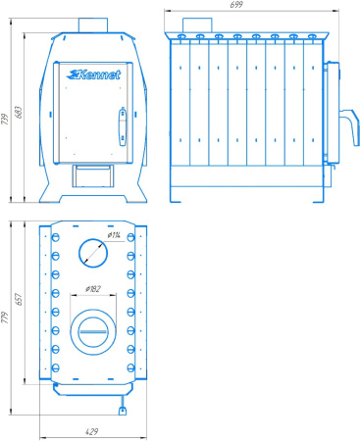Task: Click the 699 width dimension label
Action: [236, 5]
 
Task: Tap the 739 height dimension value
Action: [5, 119]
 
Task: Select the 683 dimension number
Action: [19, 112]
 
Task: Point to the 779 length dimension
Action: [5, 318]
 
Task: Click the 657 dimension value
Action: [19, 299]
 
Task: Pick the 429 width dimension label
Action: [91, 431]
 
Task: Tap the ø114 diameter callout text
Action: [114, 235]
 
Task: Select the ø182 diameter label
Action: [93, 289]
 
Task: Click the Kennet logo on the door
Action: [94, 74]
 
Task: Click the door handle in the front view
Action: [123, 126]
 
